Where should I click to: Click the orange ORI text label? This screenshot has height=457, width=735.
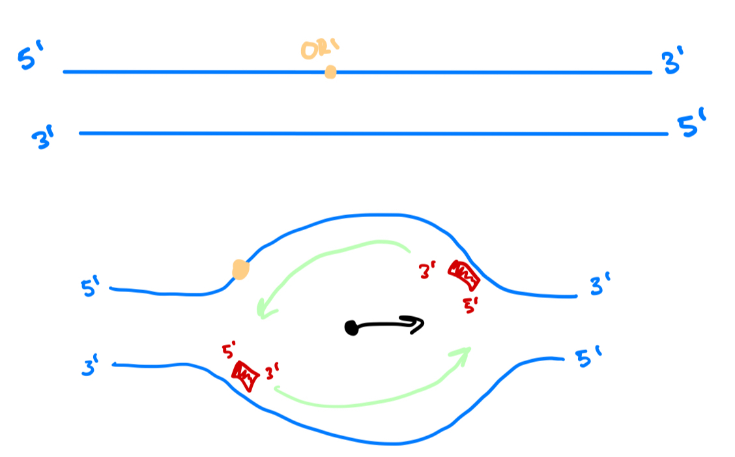[321, 50]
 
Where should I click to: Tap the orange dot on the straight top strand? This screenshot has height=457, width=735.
[330, 72]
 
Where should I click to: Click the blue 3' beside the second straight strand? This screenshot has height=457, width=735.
[46, 139]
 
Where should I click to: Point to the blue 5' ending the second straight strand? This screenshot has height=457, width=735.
[692, 126]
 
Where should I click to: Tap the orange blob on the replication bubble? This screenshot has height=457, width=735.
[240, 269]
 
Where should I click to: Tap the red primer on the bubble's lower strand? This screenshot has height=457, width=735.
[244, 376]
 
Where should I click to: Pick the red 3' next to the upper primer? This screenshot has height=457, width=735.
[429, 271]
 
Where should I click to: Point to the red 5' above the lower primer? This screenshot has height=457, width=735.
[229, 349]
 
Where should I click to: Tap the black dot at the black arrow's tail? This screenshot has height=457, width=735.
[352, 328]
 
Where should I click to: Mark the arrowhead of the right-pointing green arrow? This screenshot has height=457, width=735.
[463, 354]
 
